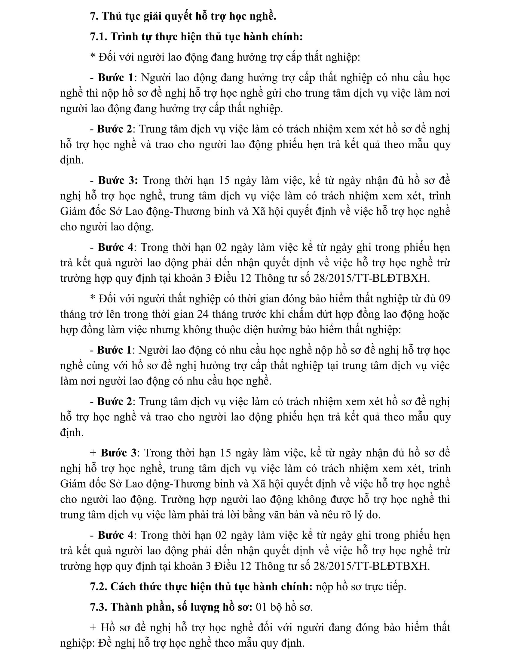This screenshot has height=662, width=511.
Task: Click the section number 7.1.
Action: pos(98,37)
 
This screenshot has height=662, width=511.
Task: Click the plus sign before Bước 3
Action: pos(93,453)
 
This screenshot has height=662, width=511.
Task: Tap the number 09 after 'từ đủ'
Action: pos(444,299)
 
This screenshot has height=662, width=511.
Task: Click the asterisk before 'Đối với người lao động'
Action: pos(93,57)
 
